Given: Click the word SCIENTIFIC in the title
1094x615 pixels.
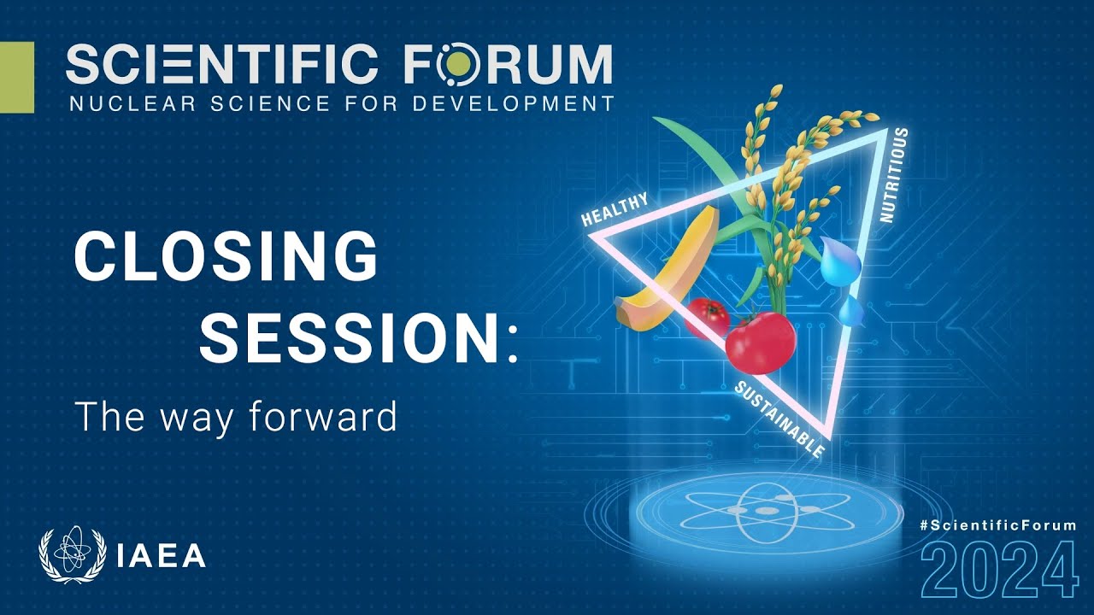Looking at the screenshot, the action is pyautogui.click(x=221, y=63).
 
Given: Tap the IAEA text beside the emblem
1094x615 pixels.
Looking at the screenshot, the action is pyautogui.click(x=162, y=555).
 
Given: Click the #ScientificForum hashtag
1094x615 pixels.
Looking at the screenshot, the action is pyautogui.click(x=997, y=525).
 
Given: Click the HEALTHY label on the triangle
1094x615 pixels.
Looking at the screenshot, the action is pyautogui.click(x=615, y=209).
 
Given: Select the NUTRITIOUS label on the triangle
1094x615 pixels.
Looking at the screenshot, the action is pyautogui.click(x=895, y=175).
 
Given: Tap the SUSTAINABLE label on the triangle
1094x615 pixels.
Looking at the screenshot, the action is pyautogui.click(x=779, y=419).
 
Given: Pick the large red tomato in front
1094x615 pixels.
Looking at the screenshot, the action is pyautogui.click(x=760, y=343).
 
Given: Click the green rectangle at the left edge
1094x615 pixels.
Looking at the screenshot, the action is pyautogui.click(x=17, y=77).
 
